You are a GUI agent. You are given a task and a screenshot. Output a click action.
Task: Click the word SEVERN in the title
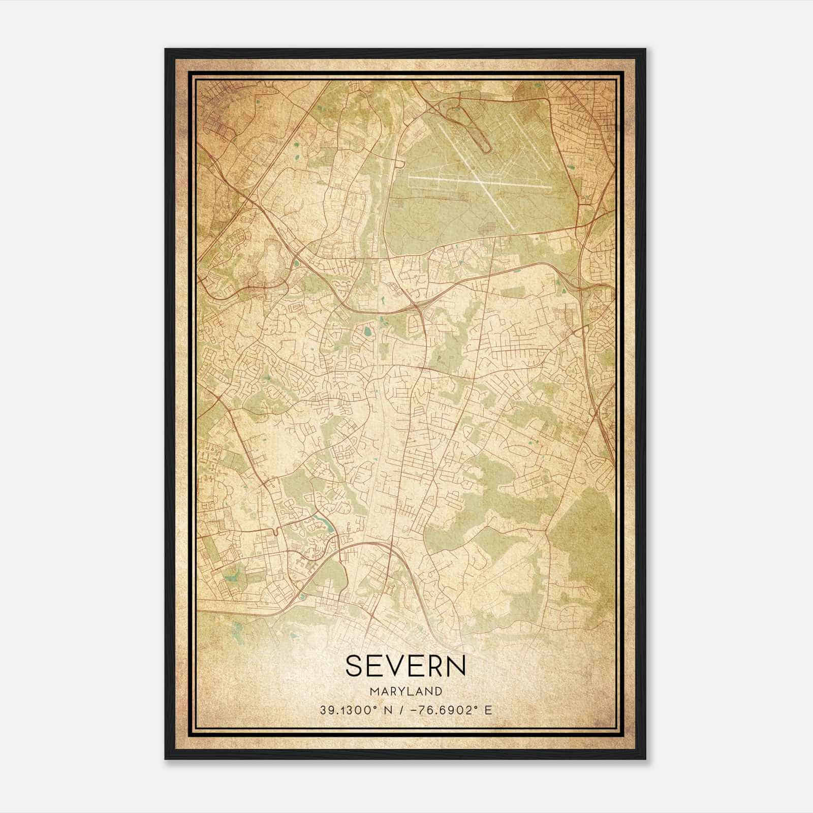click(x=405, y=666)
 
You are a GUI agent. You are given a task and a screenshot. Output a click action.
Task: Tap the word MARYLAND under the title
click(x=405, y=692)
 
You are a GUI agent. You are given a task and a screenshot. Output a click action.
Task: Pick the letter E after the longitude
click(x=488, y=710)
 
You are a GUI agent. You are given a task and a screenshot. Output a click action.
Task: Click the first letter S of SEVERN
click(x=354, y=666)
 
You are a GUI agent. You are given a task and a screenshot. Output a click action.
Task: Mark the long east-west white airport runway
click(x=480, y=183)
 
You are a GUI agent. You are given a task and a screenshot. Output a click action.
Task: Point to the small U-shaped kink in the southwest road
click(x=275, y=532)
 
